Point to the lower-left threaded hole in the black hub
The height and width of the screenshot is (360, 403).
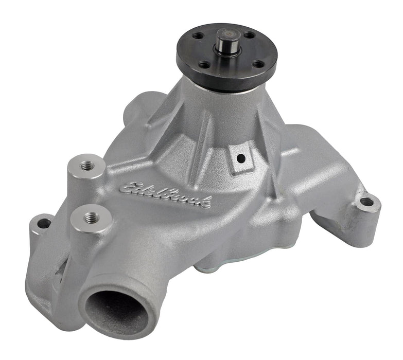pyautogui.click(x=205, y=65)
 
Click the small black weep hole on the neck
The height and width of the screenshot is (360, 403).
pyautogui.click(x=240, y=159)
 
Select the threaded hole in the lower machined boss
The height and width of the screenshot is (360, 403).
pyautogui.click(x=91, y=217)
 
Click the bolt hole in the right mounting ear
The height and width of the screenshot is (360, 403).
pyautogui.click(x=366, y=202)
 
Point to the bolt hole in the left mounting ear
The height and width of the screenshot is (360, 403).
pyautogui.click(x=45, y=224)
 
